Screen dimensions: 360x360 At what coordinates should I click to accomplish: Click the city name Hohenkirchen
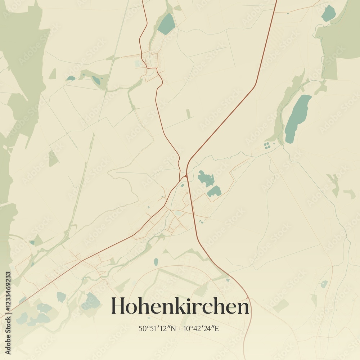coord(180,306)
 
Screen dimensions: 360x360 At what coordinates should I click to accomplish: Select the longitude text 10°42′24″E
coord(201,328)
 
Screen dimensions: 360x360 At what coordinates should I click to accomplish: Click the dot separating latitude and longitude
coord(179,328)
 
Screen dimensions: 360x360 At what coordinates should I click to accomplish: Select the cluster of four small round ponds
coord(267,145)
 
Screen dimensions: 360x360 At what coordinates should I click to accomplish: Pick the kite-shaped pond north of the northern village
coord(166,24)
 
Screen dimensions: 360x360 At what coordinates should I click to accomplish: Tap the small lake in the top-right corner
coord(328,14)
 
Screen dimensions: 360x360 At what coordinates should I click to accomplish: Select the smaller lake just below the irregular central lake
coord(214,191)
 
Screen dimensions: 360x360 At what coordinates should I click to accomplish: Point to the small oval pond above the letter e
coord(156,262)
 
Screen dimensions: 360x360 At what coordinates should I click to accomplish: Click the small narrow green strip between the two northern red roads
coord(188,114)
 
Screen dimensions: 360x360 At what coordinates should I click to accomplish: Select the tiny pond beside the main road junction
coord(182,185)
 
